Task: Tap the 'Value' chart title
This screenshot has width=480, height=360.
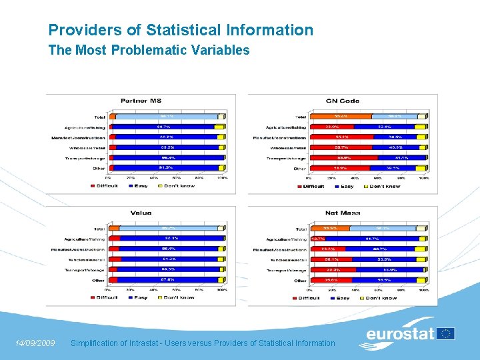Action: [141, 213]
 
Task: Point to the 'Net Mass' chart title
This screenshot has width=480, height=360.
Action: [343, 213]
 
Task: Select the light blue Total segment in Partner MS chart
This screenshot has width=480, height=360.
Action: [163, 116]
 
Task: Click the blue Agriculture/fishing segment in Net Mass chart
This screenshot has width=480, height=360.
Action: [373, 239]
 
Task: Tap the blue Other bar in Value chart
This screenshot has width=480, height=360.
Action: [167, 280]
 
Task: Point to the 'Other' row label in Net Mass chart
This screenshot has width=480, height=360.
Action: [299, 281]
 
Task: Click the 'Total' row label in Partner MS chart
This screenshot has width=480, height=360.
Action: [99, 116]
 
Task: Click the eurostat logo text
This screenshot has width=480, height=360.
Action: [400, 334]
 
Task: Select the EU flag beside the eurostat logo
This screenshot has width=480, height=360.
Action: [446, 333]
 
